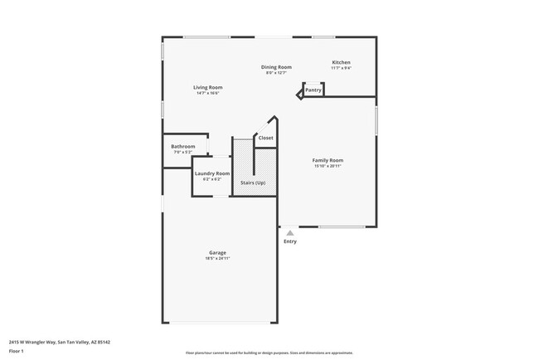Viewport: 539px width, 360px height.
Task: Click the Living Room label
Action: point(208,87)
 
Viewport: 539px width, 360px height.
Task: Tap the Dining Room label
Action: point(276,66)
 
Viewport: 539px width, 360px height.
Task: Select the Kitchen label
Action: point(341,62)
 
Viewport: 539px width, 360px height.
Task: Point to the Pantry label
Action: point(313,90)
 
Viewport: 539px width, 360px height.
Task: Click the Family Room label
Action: point(328,160)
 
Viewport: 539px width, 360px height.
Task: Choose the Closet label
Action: point(265,138)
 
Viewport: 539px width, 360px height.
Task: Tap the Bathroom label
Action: point(182,146)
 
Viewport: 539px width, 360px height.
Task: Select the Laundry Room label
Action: point(212,173)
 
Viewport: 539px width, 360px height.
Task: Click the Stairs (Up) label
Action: point(253,182)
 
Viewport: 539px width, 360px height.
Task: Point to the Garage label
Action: point(217,253)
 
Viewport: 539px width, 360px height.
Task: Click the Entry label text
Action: point(290,241)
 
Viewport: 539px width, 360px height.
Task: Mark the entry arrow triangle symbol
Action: point(289,233)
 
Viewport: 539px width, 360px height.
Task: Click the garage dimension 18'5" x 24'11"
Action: point(217,259)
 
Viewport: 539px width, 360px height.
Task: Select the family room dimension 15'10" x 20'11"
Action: point(328,166)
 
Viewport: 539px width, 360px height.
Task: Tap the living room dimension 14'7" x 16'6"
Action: point(208,93)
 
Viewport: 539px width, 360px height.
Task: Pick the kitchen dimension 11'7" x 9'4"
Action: point(341,68)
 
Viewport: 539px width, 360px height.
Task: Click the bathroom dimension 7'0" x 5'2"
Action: point(182,152)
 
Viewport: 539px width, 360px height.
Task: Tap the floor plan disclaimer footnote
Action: point(269,353)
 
